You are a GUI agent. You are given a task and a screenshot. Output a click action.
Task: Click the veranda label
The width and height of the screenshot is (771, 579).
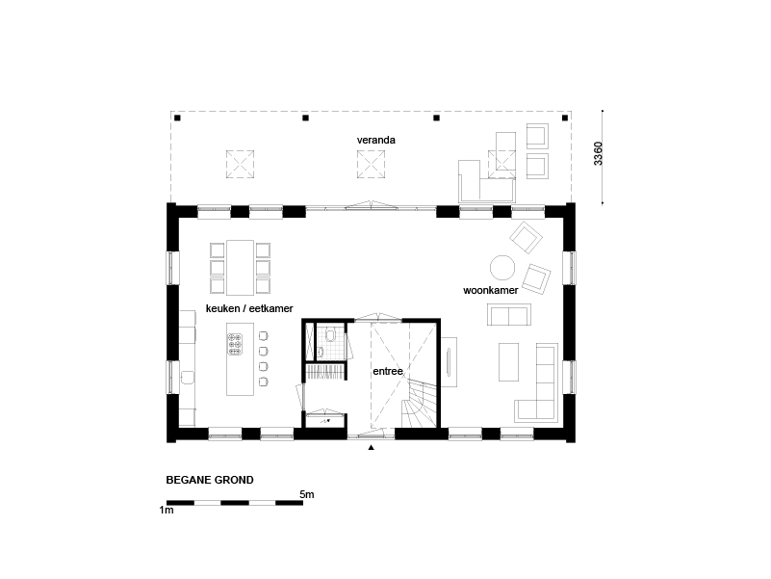[375, 140]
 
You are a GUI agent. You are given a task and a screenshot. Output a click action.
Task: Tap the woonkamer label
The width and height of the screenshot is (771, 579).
[490, 290]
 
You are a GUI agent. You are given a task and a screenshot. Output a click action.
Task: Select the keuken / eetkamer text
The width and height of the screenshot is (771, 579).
[249, 308]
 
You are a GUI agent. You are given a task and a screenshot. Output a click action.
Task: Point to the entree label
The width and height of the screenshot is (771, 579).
[388, 371]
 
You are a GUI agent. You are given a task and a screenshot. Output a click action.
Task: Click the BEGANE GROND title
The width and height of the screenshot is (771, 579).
[210, 480]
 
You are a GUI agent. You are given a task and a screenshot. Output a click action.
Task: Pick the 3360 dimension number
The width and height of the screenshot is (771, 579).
[598, 153]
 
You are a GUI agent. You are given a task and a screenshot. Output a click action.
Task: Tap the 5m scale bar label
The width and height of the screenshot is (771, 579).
[307, 494]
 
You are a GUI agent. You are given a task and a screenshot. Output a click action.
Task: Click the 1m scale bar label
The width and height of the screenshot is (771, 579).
[167, 510]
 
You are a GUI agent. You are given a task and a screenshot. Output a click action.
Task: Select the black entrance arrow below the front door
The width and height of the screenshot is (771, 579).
[372, 448]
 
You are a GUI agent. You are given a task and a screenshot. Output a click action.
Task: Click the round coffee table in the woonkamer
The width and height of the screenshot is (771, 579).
[502, 268]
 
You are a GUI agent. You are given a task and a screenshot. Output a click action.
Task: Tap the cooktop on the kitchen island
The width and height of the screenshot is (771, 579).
[235, 344]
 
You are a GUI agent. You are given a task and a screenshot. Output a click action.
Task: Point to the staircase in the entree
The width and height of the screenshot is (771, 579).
[419, 404]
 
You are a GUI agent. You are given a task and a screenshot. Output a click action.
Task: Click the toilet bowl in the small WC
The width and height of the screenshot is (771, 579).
[330, 335]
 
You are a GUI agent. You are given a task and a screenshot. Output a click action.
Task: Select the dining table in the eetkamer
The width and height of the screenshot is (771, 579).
[240, 268]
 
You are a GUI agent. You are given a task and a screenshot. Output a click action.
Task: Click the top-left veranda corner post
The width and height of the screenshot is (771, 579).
[177, 118]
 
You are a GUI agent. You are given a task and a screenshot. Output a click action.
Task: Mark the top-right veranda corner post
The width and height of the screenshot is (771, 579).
[565, 118]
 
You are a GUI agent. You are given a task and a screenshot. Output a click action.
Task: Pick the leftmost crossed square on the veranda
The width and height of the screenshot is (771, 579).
[240, 164]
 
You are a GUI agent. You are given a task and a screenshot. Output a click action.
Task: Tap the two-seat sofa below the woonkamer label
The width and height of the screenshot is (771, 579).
[509, 315]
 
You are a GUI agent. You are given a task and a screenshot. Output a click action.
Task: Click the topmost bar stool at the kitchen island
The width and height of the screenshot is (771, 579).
[263, 336]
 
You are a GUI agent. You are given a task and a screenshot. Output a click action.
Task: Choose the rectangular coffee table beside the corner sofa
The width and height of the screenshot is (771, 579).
[508, 362]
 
